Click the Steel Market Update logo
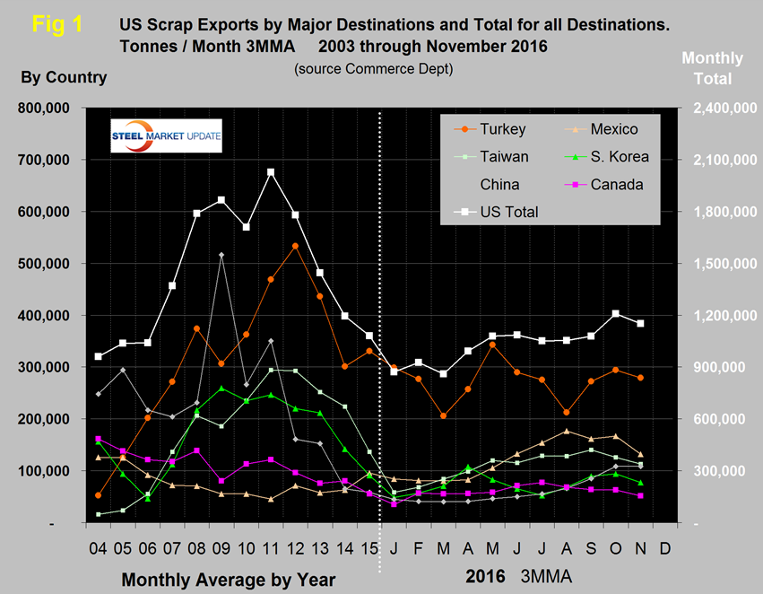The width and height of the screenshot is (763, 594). [x=166, y=135]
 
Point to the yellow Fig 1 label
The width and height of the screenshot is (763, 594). [x=56, y=24]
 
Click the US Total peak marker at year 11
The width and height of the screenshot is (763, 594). [x=271, y=172]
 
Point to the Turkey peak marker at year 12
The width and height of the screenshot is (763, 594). [x=295, y=246]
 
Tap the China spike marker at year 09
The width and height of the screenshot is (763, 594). [x=221, y=256]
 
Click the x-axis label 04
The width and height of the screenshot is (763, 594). [x=98, y=546]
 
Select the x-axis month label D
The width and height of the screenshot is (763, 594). [x=664, y=546]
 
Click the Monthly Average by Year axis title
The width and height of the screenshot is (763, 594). [x=228, y=580]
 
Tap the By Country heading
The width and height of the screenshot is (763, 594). [x=64, y=77]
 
